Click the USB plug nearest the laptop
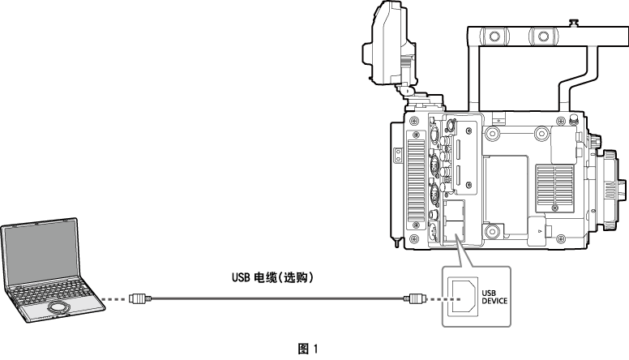pos(139,299)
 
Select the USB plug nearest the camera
pos(416,299)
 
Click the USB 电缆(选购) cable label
pos(272,277)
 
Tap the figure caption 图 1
pos(308,349)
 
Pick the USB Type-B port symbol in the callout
pos(462,298)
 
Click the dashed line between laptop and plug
pos(118,299)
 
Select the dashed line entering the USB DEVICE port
pos(435,299)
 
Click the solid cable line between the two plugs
pos(276,299)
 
